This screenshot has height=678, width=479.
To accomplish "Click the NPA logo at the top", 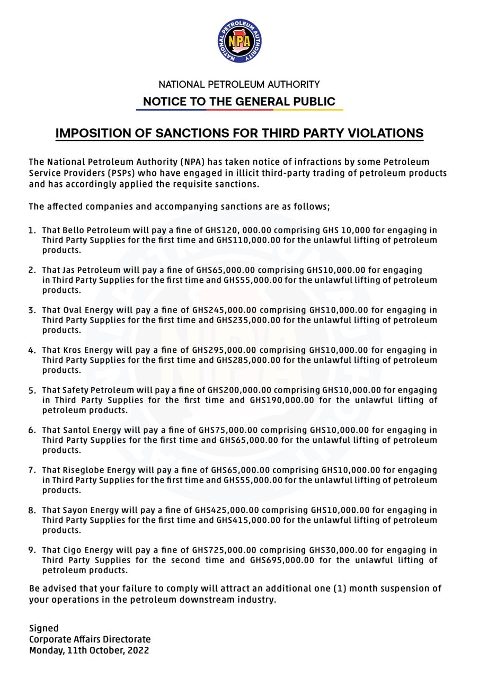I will tap(239, 41).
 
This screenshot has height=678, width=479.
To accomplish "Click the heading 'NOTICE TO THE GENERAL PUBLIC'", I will tap(239, 102).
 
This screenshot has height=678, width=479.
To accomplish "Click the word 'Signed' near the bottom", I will tap(43, 629).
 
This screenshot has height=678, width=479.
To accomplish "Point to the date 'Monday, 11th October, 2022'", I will tap(89, 650).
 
